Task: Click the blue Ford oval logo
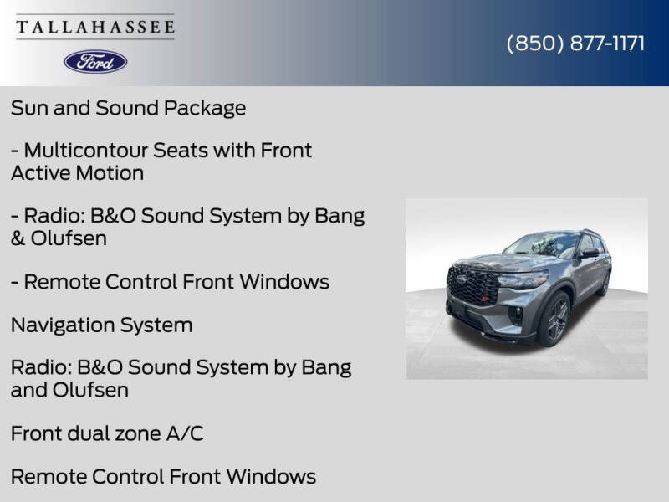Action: coord(95,62)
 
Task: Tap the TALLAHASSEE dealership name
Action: coord(95,27)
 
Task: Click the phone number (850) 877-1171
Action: coord(575,44)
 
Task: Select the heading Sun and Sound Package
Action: coord(129,109)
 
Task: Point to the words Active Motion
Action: coord(77,173)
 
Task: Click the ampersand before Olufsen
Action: coord(18,238)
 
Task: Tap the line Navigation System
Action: coord(101,325)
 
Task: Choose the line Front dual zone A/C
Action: coord(107,433)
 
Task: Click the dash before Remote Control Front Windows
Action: coord(14,283)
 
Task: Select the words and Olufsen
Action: coord(69,390)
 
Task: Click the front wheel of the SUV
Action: coord(555,320)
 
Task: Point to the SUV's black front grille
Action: coord(472,284)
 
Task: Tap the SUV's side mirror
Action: coord(590,253)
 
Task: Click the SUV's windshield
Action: coord(541,244)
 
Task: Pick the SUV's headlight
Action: coord(523,280)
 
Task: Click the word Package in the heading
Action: coord(205,109)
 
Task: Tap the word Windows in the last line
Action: coord(271,477)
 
